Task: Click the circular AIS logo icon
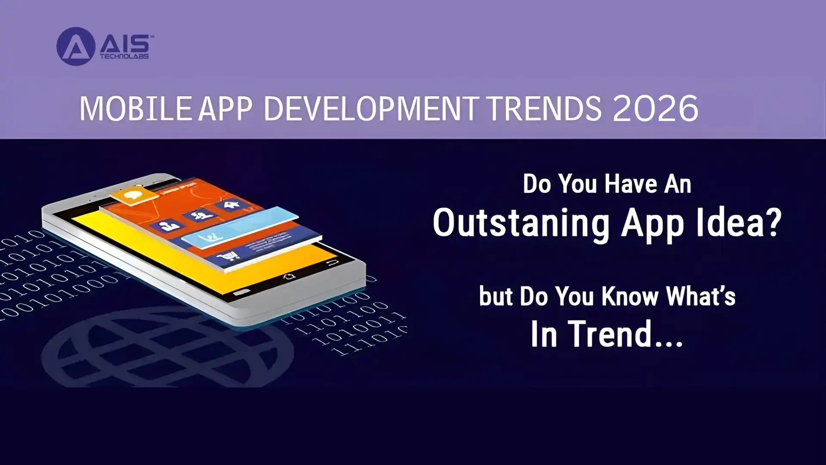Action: [x=76, y=46]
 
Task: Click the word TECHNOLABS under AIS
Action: [x=124, y=56]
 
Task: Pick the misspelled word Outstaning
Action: [x=521, y=223]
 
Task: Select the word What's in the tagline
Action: [x=700, y=296]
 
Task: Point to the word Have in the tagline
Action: [x=631, y=184]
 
